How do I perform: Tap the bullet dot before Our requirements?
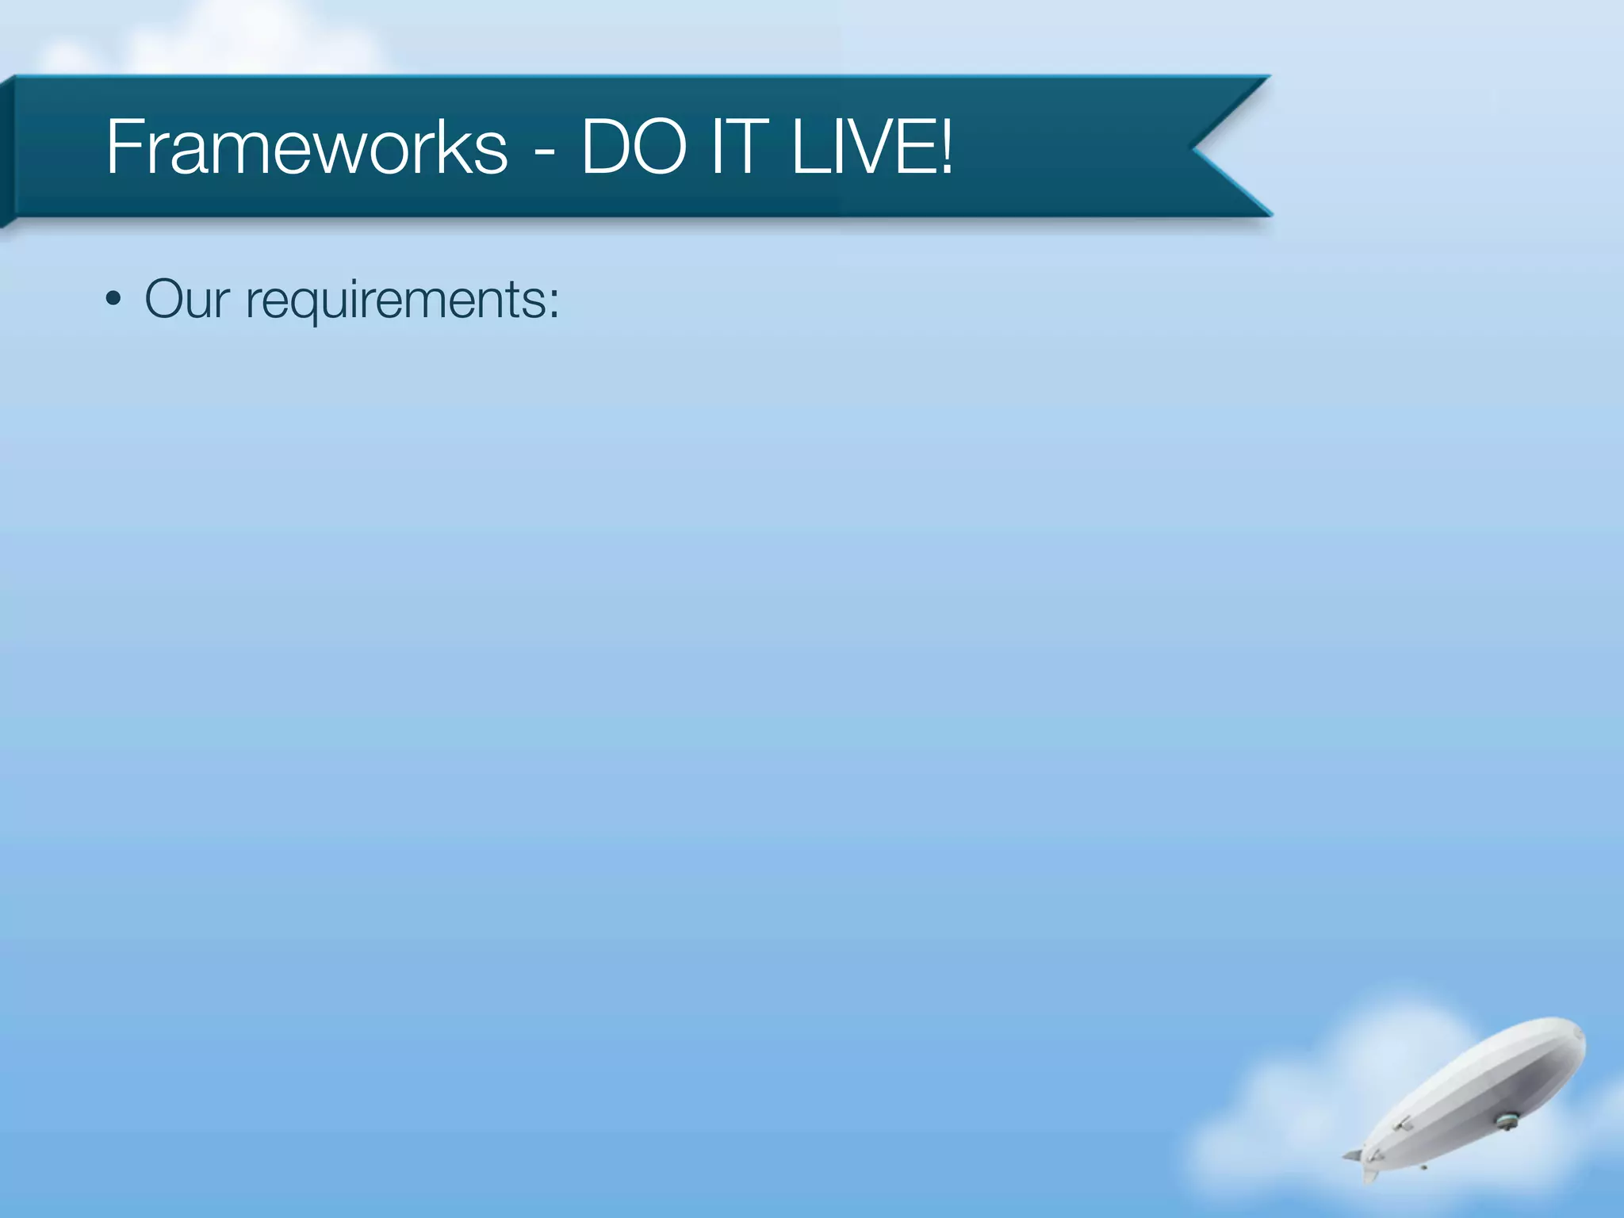tap(114, 301)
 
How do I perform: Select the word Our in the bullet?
tap(187, 300)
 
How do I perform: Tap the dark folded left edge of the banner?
tap(7, 151)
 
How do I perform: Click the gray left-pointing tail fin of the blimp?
tap(1351, 1156)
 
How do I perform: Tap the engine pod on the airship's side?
tap(1402, 1124)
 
